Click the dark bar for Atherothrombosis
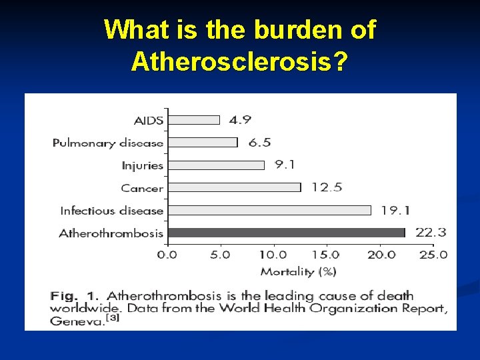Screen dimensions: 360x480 [x=286, y=233]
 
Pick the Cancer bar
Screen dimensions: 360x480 [x=233, y=187]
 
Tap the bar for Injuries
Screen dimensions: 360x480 [x=215, y=165]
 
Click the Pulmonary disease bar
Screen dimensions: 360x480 [x=202, y=142]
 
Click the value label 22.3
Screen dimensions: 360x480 [x=431, y=233]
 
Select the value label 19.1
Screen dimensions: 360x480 [x=395, y=210]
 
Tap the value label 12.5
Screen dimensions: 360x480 [x=326, y=187]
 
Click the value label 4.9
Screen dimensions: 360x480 [x=240, y=120]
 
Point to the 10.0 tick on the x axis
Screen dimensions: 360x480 [x=273, y=255]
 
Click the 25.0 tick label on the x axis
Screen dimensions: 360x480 [x=433, y=255]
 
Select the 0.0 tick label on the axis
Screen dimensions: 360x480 [x=167, y=255]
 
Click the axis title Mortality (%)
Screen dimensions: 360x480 [x=298, y=271]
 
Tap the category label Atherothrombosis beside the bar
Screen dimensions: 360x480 [x=111, y=233]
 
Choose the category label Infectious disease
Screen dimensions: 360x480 [x=111, y=211]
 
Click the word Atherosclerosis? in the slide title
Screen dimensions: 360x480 [x=239, y=61]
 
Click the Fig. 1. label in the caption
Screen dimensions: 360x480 [x=75, y=295]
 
